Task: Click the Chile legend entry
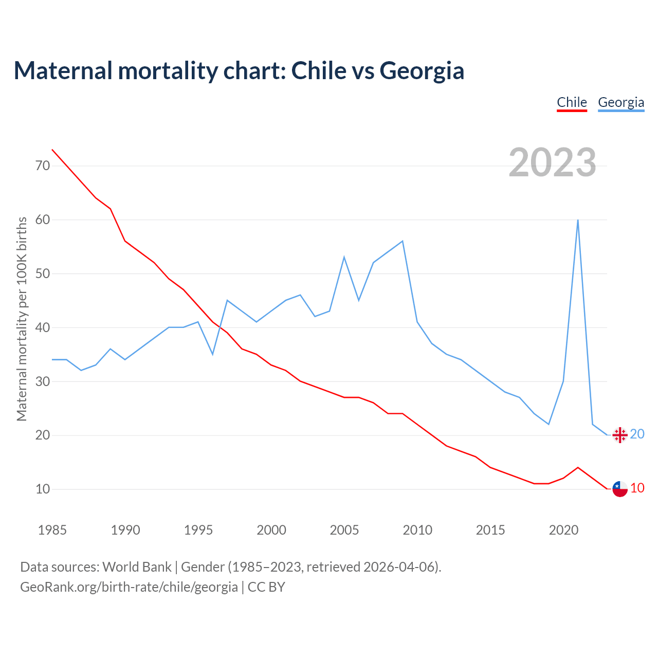[x=572, y=102]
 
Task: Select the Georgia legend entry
[x=621, y=102]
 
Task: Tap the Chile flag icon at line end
[x=620, y=489]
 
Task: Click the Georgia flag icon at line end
[x=620, y=435]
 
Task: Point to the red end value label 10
[x=637, y=488]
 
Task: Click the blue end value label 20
[x=637, y=434]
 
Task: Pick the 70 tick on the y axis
[x=43, y=166]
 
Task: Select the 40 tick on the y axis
[x=43, y=327]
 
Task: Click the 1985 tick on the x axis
[x=52, y=530]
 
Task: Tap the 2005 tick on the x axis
[x=344, y=530]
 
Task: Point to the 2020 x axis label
[x=563, y=530]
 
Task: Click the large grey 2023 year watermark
[x=552, y=162]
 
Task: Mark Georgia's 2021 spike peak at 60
[x=578, y=220]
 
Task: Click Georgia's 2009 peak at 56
[x=403, y=241]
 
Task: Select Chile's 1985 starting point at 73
[x=52, y=150]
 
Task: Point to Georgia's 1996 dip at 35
[x=212, y=354]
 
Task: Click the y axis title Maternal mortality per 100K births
[x=22, y=319]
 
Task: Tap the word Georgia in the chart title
[x=422, y=70]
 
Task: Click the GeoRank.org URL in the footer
[x=129, y=587]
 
